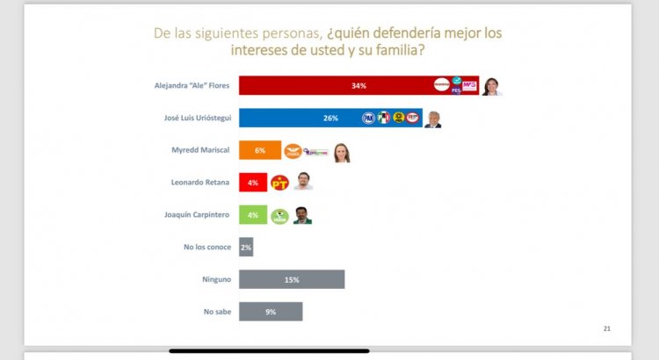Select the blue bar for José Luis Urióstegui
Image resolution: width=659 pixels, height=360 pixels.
pos(299,118)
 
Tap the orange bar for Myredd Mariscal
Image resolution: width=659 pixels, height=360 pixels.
pos(259,150)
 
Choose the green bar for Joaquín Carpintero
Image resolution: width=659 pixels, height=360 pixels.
pos(253,214)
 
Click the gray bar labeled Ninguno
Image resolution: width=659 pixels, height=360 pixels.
pos(292,279)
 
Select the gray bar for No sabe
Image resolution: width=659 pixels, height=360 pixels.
pos(271,311)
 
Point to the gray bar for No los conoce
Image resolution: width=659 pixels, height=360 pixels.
pos(246,247)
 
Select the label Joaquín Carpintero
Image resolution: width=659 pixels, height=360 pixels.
pos(199,214)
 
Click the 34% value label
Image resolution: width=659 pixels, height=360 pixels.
pos(358,86)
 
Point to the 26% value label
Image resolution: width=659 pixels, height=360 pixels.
pos(330,118)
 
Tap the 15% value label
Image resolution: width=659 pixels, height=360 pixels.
pos(292,279)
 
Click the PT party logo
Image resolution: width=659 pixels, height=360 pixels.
pos(280,183)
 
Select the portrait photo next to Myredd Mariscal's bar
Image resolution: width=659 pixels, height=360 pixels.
pos(341,152)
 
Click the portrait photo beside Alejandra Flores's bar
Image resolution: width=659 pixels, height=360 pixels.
pos(492,85)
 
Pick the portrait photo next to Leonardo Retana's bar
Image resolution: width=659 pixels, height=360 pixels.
pos(303,182)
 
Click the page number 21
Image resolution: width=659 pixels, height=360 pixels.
pos(606,328)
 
